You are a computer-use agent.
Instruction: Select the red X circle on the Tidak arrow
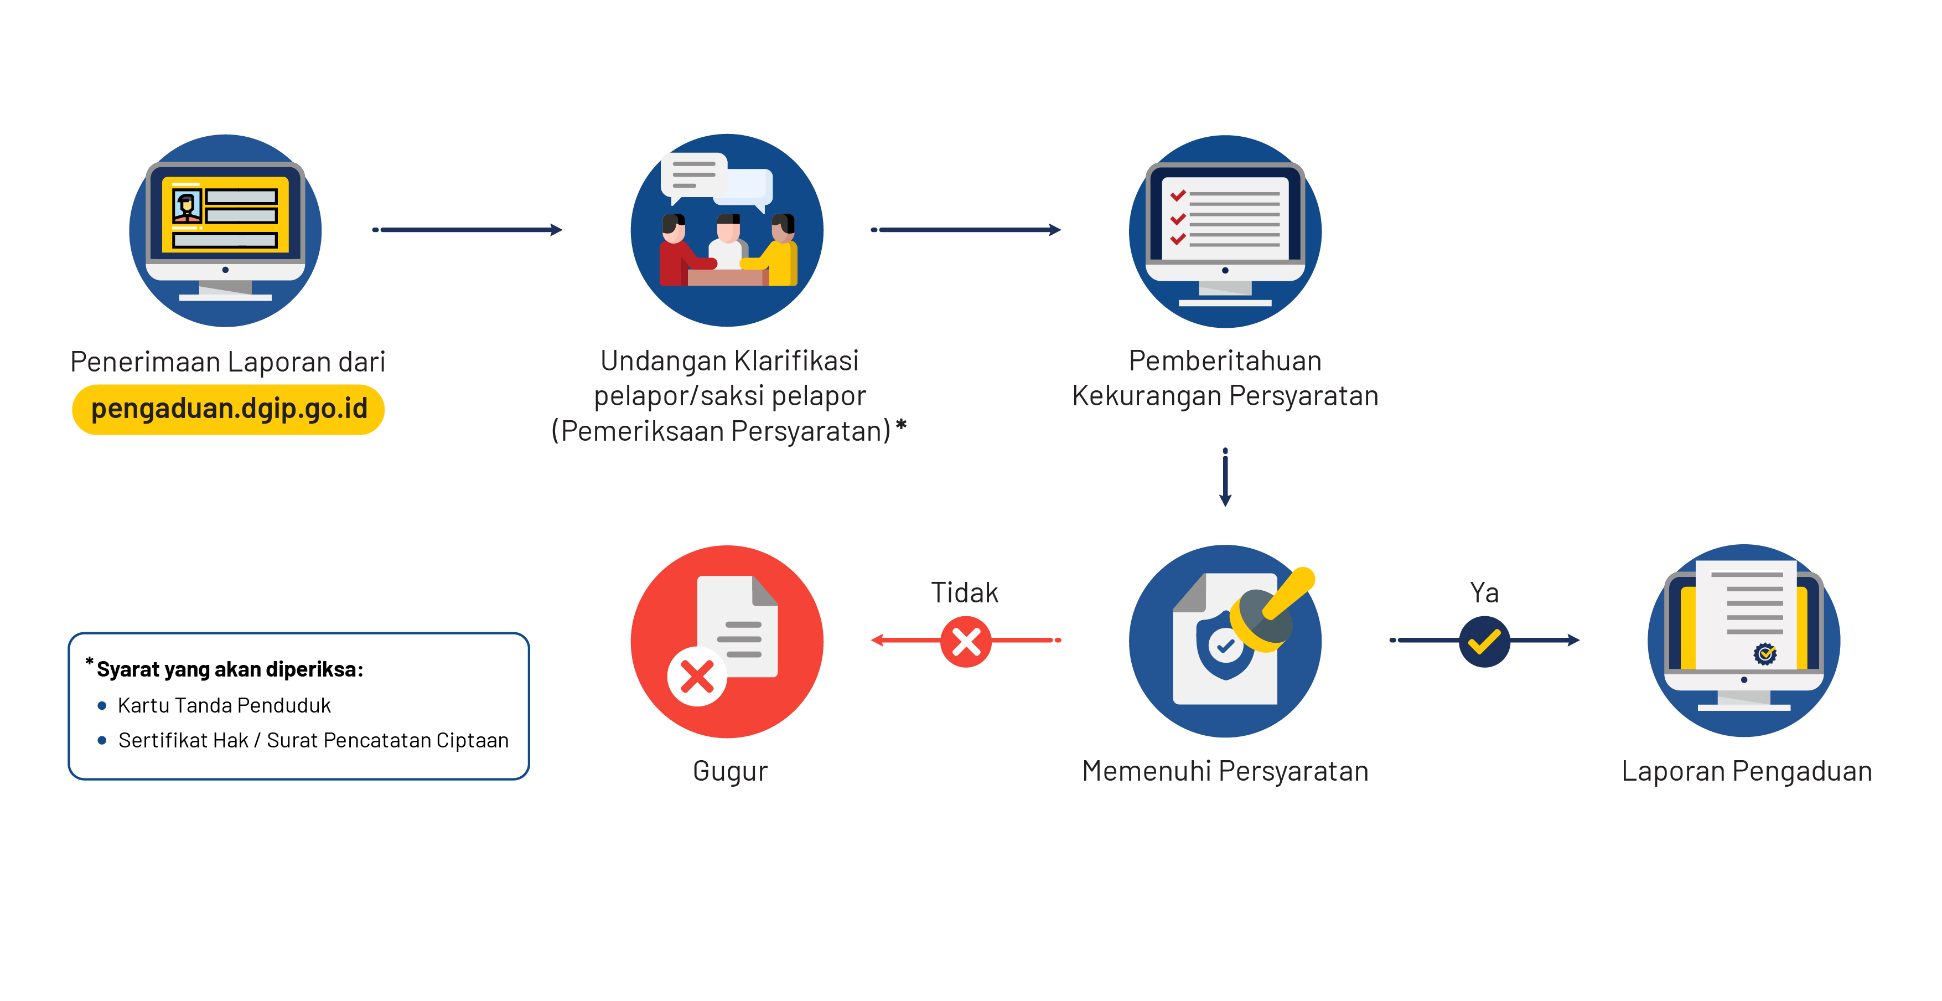pyautogui.click(x=966, y=641)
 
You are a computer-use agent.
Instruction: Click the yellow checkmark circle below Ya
pyautogui.click(x=1484, y=641)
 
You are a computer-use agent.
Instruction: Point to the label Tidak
pyautogui.click(x=964, y=593)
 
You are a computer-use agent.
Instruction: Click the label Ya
pyautogui.click(x=1484, y=593)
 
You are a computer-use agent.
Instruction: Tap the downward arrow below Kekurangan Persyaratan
pyautogui.click(x=1225, y=477)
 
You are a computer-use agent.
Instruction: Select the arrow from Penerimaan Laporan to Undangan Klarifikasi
pyautogui.click(x=468, y=229)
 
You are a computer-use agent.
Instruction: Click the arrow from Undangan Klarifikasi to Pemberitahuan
pyautogui.click(x=966, y=229)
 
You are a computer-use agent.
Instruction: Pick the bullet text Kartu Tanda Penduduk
pyautogui.click(x=224, y=705)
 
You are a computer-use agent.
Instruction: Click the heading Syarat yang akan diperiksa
pyautogui.click(x=229, y=669)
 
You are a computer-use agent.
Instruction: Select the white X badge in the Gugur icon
pyautogui.click(x=697, y=676)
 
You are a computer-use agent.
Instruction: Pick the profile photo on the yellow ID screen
pyautogui.click(x=186, y=205)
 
